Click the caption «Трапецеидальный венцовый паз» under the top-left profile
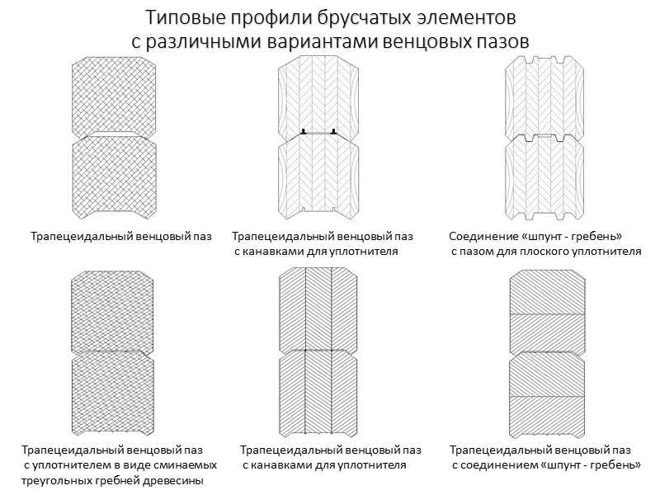point(121,237)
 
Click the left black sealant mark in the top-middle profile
point(304,131)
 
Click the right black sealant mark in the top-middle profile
point(333,131)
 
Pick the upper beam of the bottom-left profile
point(112,311)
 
